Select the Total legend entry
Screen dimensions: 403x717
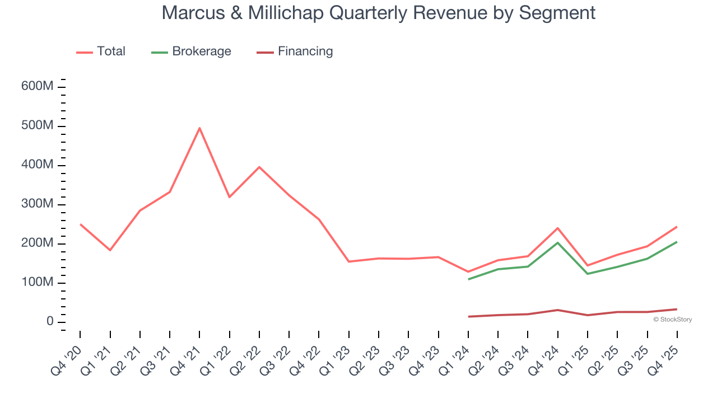[x=111, y=51]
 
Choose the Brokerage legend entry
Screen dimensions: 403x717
[x=201, y=51]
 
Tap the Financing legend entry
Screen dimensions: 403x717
[x=305, y=51]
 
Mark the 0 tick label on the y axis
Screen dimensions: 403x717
[x=50, y=322]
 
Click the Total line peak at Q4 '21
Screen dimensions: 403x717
[x=199, y=128]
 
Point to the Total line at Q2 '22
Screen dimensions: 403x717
[x=259, y=167]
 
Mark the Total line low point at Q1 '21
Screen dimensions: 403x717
[x=110, y=250]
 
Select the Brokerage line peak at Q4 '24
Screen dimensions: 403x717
[x=558, y=242]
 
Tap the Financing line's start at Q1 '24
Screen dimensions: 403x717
[x=468, y=317]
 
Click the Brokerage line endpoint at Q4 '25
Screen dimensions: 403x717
[x=677, y=242]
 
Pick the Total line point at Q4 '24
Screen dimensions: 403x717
[x=558, y=228]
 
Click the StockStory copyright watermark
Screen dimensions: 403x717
[x=673, y=320]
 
